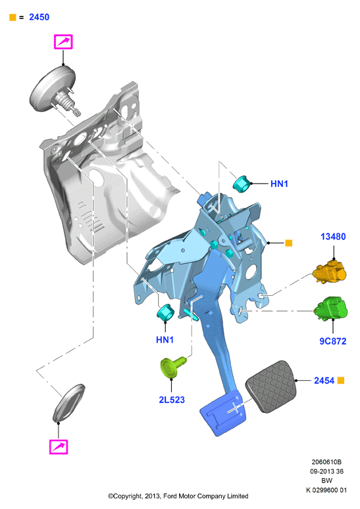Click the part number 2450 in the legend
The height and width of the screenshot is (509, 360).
click(39, 17)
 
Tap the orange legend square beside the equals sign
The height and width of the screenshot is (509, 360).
click(13, 18)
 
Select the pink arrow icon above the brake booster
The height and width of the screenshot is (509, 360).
click(63, 42)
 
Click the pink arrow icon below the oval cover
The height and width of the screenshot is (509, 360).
click(59, 447)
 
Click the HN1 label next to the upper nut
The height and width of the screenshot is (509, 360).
click(279, 183)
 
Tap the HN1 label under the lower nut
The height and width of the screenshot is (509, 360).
click(165, 340)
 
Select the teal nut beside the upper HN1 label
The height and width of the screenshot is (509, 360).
click(242, 183)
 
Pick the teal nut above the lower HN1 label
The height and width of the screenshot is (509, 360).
click(166, 312)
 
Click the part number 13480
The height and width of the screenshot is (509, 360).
click(333, 237)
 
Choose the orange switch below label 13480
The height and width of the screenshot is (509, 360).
click(330, 272)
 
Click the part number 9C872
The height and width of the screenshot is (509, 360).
click(333, 341)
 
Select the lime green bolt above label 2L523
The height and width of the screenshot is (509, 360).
click(173, 367)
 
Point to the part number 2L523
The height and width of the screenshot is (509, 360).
click(172, 400)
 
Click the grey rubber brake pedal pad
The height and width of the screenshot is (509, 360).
click(271, 386)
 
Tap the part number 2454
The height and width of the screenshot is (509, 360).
click(324, 381)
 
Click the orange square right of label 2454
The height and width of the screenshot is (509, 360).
click(341, 380)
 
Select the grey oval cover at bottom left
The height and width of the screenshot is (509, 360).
click(69, 403)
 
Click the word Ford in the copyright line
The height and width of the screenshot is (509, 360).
click(170, 496)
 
